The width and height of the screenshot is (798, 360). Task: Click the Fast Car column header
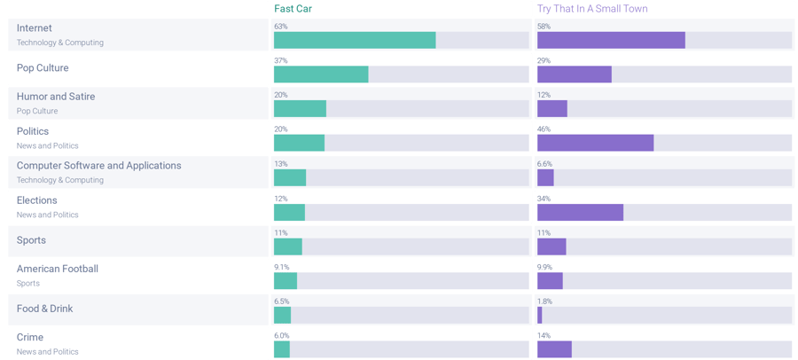click(293, 9)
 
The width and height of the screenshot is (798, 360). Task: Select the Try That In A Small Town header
click(592, 9)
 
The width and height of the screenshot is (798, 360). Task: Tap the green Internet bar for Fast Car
click(355, 40)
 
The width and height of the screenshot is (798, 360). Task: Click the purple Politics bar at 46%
click(595, 143)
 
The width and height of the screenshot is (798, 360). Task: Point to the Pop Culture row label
click(43, 68)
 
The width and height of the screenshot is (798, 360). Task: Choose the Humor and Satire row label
click(56, 97)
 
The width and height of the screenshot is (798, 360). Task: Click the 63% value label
click(281, 27)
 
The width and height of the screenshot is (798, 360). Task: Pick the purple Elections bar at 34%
click(580, 212)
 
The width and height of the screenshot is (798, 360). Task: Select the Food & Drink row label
click(44, 309)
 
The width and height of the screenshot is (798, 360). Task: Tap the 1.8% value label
click(545, 301)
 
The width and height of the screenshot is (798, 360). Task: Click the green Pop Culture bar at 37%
click(321, 74)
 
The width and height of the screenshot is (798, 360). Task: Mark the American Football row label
click(58, 269)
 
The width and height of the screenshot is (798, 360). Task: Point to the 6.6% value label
click(545, 164)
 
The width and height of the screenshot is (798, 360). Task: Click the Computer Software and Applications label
click(98, 166)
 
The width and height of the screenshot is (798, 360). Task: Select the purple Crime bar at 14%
click(554, 349)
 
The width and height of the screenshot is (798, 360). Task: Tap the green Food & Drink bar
click(282, 315)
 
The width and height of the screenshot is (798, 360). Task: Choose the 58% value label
click(544, 27)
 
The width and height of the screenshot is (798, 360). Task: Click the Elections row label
click(37, 200)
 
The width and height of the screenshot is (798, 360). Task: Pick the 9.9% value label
click(545, 267)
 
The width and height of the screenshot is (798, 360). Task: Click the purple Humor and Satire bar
click(552, 108)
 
